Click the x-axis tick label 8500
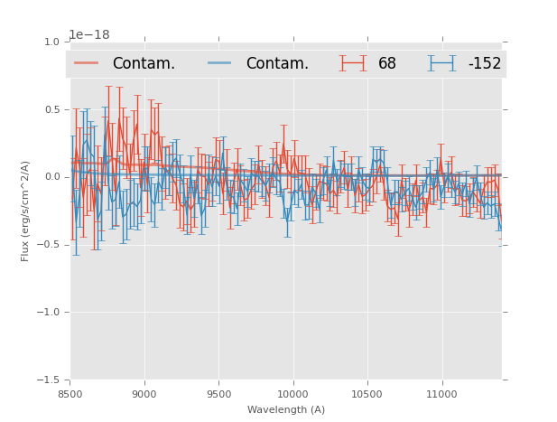point(70,394)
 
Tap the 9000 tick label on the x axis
point(144,394)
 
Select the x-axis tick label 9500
point(218,394)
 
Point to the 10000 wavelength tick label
point(292,394)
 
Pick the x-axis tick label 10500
point(367,394)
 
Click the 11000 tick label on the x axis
point(441,394)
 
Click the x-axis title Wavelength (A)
point(286,409)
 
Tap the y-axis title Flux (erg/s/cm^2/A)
point(26,211)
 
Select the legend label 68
point(387,63)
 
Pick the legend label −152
point(484,63)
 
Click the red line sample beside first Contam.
point(88,63)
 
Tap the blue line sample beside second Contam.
point(221,63)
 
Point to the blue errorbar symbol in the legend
point(442,63)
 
